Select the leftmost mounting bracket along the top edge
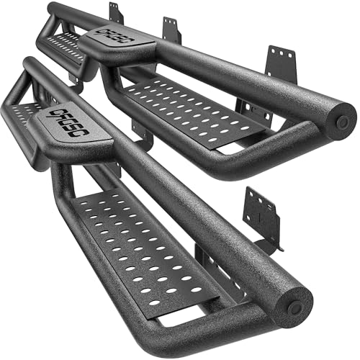115,13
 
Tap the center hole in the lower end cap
295,307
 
